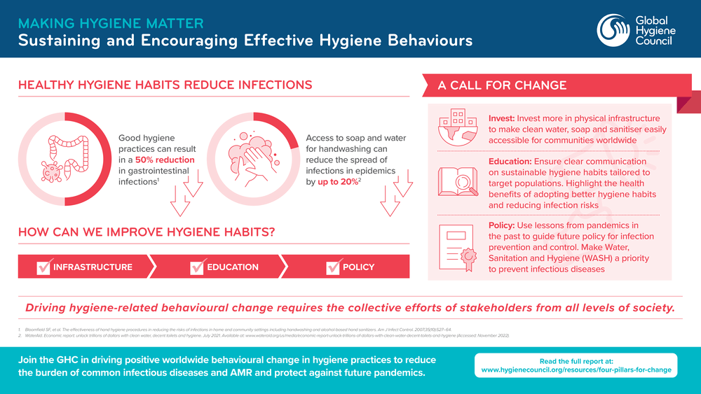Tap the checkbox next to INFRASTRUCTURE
44,267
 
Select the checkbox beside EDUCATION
197,267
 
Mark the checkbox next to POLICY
333,267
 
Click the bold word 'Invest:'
503,118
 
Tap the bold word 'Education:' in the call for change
512,162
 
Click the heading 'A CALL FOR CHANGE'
502,85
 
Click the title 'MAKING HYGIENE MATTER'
111,24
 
